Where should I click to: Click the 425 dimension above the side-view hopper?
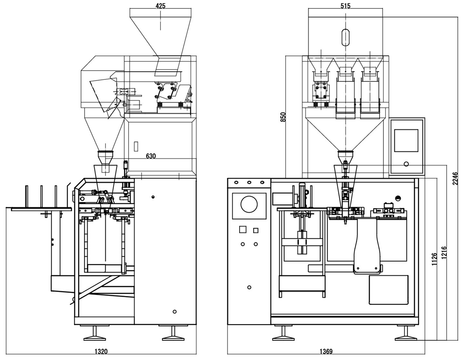click(x=161, y=6)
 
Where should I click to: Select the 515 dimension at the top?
click(x=345, y=6)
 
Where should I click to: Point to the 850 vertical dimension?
click(x=283, y=117)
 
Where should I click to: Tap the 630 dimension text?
click(x=151, y=156)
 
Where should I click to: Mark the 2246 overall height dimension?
click(x=455, y=179)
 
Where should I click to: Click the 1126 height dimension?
click(x=435, y=259)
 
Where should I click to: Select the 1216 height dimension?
click(x=444, y=253)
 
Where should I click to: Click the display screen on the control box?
click(x=406, y=140)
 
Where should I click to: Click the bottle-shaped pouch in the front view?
click(x=367, y=245)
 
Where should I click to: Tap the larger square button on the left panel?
click(x=243, y=229)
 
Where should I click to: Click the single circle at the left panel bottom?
click(x=249, y=287)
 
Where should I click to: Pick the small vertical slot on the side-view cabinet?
click(x=135, y=147)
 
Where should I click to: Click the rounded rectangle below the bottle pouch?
click(x=389, y=290)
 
